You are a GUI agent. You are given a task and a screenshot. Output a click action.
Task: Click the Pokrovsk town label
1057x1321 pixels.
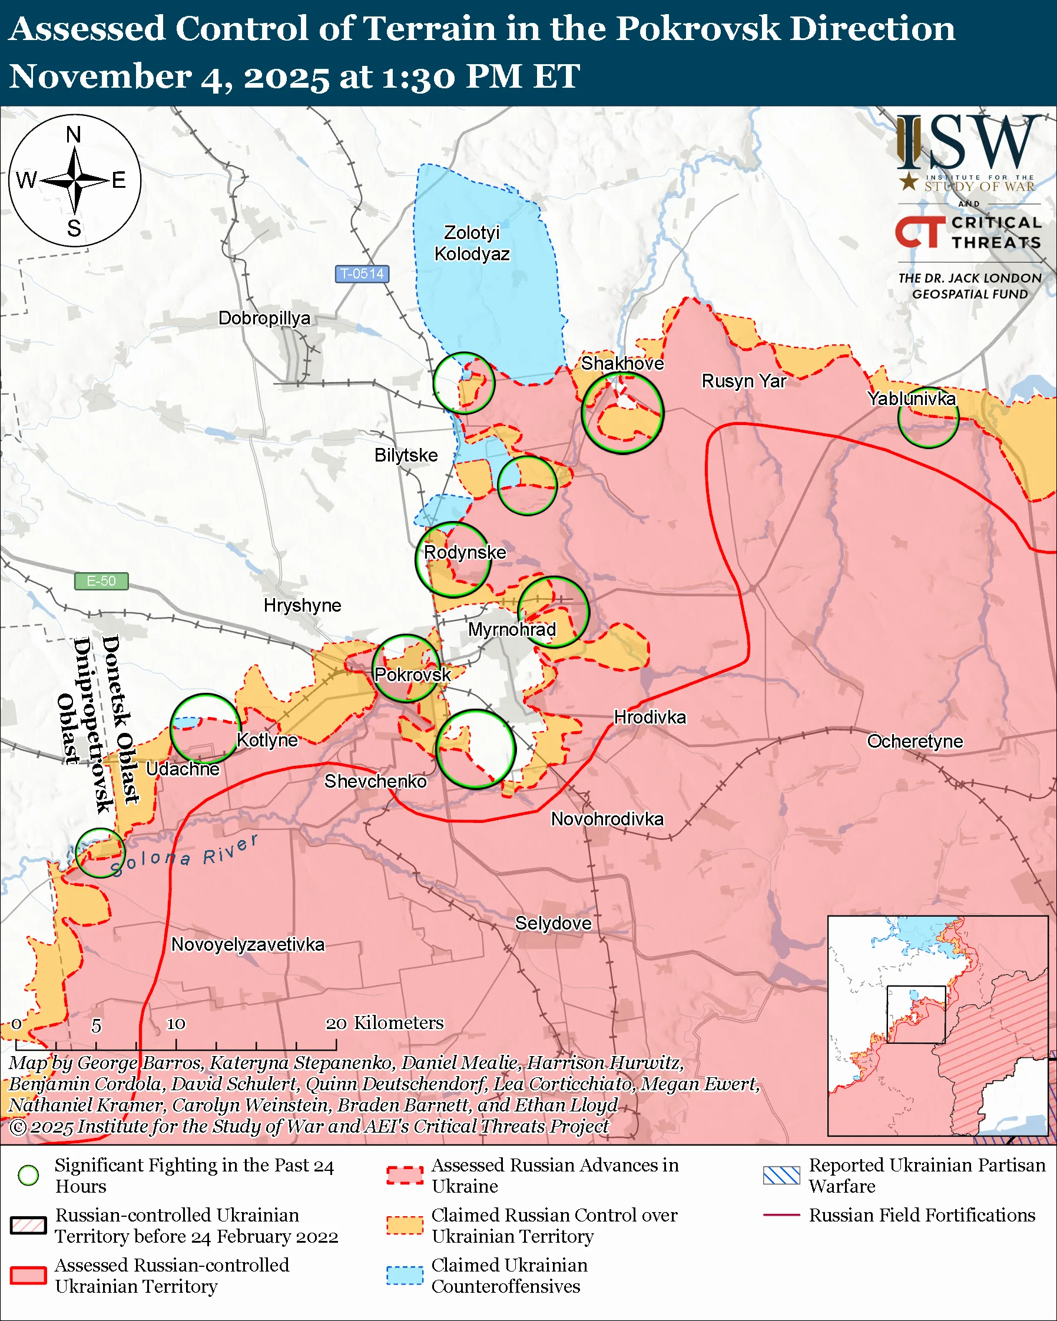click(412, 675)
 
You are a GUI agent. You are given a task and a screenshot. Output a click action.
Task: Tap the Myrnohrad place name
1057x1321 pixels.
click(512, 629)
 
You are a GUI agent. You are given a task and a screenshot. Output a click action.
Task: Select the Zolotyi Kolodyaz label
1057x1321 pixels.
click(472, 243)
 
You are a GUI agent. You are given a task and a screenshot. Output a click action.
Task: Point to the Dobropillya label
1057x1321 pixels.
click(264, 318)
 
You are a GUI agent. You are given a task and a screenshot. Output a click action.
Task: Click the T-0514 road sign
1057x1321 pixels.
click(362, 274)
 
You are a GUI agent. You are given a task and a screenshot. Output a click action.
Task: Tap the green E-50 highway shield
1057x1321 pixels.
click(101, 581)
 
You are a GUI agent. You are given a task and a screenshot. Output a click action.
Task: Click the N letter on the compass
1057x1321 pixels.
click(74, 134)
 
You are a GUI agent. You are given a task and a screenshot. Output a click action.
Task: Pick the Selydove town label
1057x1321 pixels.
click(553, 924)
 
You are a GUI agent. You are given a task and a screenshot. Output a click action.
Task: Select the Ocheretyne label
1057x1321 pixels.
click(914, 741)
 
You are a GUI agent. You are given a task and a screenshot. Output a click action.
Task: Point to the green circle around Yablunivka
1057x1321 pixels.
click(927, 418)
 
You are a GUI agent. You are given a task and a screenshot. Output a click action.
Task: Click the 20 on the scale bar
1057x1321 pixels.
click(336, 1024)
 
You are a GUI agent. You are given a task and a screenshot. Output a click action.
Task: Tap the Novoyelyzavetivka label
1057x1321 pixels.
click(247, 944)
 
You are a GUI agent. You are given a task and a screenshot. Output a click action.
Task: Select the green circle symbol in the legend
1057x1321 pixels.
click(29, 1175)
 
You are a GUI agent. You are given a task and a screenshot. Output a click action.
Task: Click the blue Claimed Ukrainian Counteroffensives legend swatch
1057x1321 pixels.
click(405, 1276)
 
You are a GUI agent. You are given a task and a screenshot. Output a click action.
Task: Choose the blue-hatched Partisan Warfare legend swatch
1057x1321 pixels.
click(781, 1175)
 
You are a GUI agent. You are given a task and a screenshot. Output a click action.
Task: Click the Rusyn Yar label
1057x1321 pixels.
click(743, 381)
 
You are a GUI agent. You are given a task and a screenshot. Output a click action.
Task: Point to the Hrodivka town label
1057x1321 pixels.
click(650, 717)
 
